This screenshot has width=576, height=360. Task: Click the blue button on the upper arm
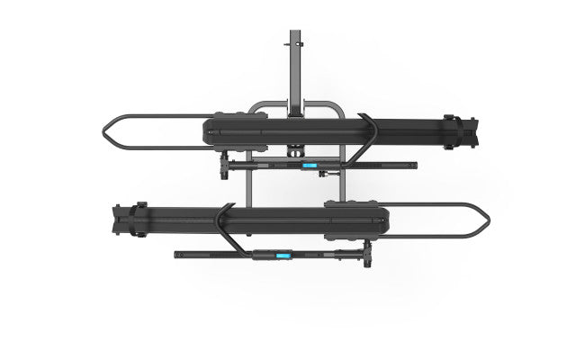coord(308,166)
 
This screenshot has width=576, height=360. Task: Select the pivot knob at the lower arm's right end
coord(370,257)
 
